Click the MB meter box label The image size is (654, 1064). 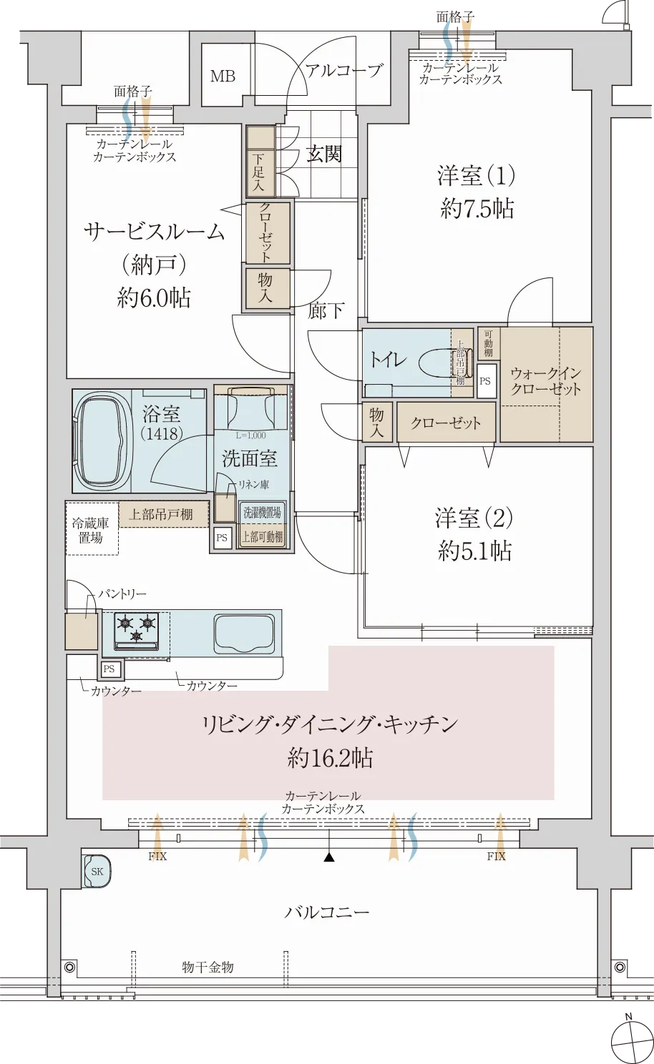(x=223, y=75)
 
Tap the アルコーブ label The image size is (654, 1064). (x=343, y=70)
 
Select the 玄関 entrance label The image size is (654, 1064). (x=324, y=154)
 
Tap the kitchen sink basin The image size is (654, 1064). (x=244, y=632)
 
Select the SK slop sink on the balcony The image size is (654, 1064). (x=97, y=871)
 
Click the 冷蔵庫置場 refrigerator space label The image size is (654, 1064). (x=91, y=531)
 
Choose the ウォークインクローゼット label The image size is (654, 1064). (x=545, y=381)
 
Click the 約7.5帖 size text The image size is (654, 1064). (x=477, y=209)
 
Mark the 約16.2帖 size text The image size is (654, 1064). (x=330, y=758)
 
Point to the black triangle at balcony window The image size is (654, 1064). (x=329, y=857)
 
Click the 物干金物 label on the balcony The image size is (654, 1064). (x=208, y=967)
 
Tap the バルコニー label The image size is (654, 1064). (x=327, y=912)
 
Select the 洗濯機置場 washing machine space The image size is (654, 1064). (x=262, y=513)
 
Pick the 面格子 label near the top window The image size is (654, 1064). (x=132, y=92)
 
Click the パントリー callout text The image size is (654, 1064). (x=122, y=594)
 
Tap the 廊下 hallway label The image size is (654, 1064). (x=326, y=310)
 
